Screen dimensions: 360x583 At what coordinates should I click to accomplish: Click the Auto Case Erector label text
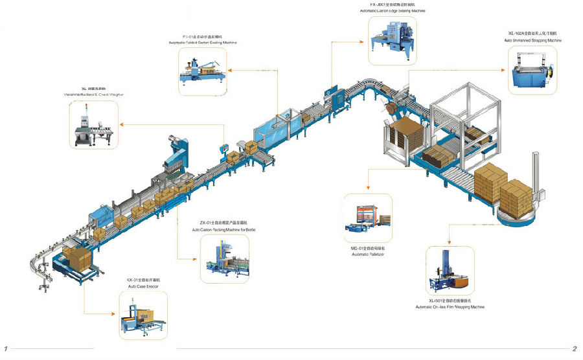143,286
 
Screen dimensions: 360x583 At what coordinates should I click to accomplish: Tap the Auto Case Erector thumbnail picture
143,315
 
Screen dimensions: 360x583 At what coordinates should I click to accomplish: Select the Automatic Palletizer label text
368,254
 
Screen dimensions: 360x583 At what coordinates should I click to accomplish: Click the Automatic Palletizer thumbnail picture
368,218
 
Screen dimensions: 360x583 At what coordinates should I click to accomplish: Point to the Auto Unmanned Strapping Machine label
533,40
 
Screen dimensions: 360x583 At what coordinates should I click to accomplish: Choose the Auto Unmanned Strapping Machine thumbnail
532,73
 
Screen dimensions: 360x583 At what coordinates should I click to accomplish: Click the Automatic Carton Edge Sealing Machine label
393,11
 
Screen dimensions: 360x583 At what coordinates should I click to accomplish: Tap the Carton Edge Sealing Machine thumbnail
393,41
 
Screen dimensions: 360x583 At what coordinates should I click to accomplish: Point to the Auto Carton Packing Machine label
224,229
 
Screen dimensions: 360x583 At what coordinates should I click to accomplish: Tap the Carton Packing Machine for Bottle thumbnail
224,259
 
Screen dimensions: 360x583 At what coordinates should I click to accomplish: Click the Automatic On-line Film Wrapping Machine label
450,307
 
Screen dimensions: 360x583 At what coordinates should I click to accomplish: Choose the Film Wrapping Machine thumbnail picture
450,271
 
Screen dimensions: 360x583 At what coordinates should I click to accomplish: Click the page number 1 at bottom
6,349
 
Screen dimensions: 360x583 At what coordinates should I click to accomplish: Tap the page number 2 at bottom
574,349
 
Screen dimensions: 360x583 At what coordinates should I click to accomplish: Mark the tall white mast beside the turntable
536,181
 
